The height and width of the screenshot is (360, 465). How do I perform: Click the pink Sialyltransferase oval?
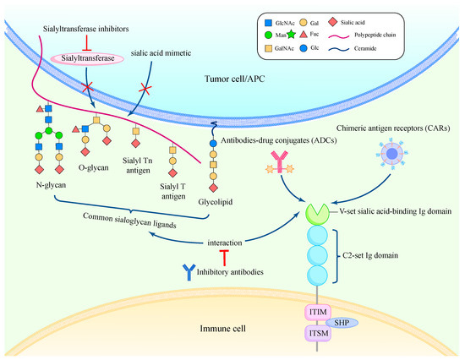click(87, 58)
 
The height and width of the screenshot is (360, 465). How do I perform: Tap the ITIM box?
click(318, 313)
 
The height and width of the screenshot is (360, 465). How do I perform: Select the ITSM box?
click(318, 333)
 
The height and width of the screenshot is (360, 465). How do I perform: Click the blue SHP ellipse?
click(342, 323)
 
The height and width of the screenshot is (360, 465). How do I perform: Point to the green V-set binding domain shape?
click(317, 215)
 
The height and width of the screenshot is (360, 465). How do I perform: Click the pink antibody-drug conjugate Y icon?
click(279, 162)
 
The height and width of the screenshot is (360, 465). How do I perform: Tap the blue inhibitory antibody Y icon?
click(189, 272)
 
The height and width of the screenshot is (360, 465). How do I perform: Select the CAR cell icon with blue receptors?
click(392, 154)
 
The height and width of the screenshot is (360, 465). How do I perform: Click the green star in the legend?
click(291, 35)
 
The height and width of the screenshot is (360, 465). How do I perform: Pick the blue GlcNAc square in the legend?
click(268, 23)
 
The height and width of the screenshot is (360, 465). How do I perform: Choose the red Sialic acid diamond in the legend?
click(333, 22)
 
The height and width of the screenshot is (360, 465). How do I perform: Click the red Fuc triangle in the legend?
click(303, 34)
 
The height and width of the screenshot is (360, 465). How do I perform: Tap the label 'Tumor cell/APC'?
click(234, 79)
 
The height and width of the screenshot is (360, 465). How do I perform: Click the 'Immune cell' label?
click(222, 328)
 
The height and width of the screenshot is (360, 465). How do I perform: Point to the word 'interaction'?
click(225, 243)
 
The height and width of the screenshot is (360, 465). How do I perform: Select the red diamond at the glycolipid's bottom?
click(213, 188)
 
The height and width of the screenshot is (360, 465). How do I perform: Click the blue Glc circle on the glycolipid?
click(213, 143)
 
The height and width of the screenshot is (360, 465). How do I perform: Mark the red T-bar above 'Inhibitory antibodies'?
click(224, 258)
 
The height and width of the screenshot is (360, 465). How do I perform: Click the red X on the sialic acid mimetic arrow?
click(145, 88)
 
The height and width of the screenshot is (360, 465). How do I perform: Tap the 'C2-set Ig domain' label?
click(370, 255)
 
